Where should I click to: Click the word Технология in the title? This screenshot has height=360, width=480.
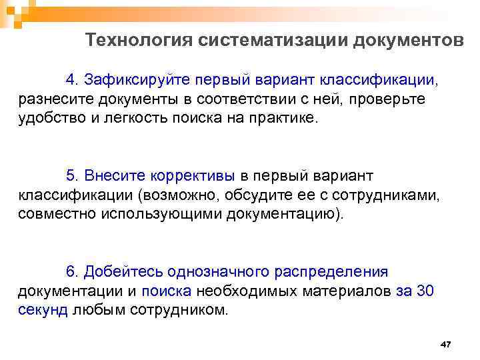coord(139,41)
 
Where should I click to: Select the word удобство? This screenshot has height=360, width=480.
coord(47,119)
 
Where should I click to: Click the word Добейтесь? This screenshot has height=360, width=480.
coord(129,272)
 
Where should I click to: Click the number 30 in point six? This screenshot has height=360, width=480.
coord(425,291)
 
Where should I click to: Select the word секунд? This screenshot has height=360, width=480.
coord(43,311)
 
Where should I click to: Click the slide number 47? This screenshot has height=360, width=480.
coord(446,345)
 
